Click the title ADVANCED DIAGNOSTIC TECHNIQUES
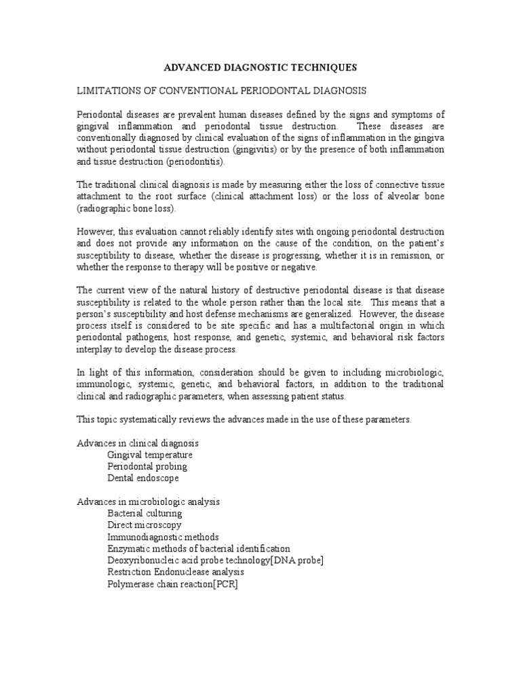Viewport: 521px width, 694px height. point(260,68)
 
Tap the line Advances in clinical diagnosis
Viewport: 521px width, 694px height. point(137,443)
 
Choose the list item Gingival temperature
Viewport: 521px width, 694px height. point(150,455)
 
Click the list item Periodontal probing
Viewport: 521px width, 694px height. point(147,466)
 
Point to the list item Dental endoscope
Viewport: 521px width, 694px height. point(143,478)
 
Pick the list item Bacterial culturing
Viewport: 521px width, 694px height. point(144,513)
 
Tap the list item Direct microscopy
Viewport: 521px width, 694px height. point(144,525)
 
